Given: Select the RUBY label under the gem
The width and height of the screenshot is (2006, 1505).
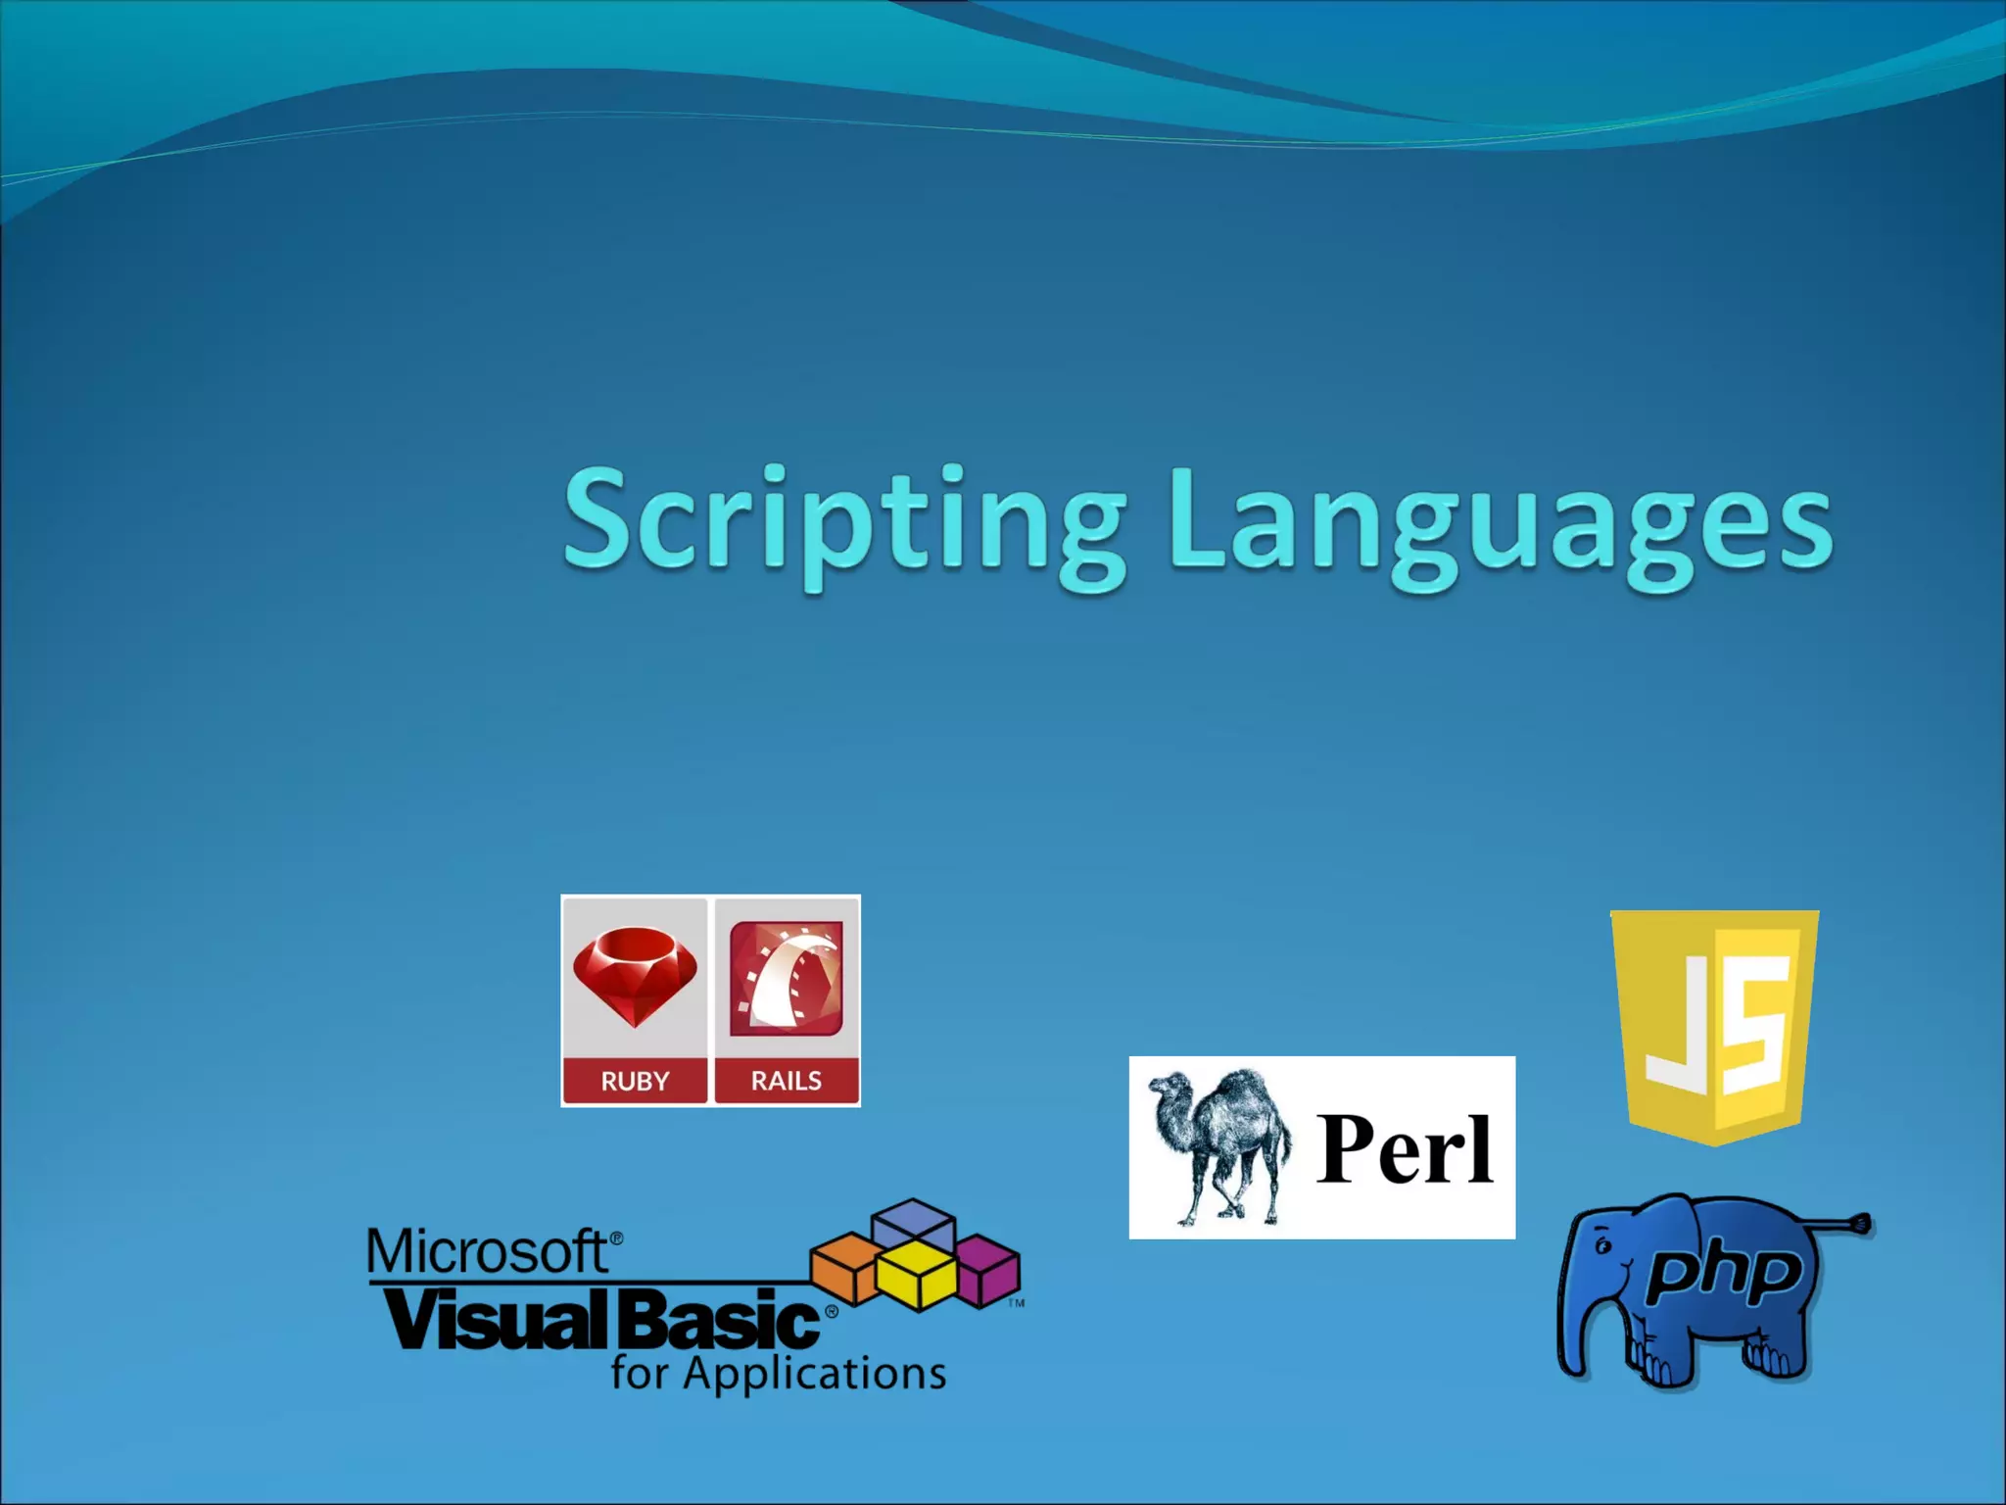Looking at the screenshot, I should [x=635, y=1081].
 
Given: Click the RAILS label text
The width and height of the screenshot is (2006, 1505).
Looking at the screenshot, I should [x=786, y=1081].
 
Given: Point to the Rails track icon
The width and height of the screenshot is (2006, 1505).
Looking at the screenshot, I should [x=786, y=978].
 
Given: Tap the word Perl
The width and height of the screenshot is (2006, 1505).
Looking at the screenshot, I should [x=1406, y=1149].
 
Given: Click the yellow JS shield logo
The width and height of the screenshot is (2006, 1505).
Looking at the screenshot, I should [x=1714, y=1024].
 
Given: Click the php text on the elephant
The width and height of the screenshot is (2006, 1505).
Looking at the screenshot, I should [x=1724, y=1274].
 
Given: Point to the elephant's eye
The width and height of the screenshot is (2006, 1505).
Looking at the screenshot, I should [x=1602, y=1247].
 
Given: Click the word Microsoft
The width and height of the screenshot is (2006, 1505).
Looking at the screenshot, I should [x=487, y=1252].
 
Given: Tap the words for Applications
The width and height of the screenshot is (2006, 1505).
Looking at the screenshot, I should [x=779, y=1374].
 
